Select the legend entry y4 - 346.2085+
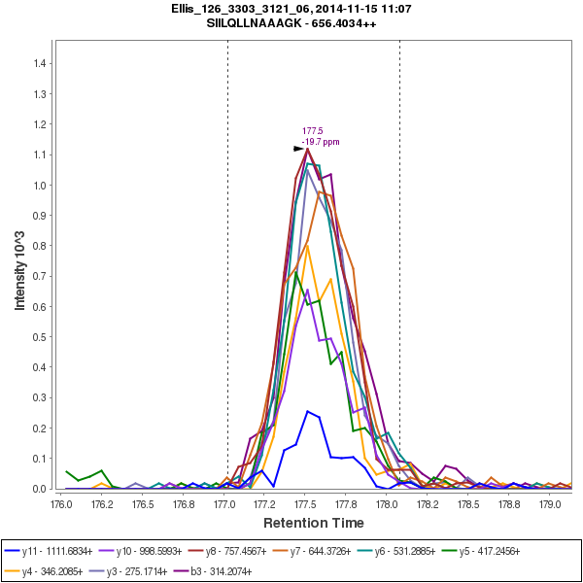pos(54,571)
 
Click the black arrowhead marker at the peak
pos(299,149)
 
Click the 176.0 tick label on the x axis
pos(61,503)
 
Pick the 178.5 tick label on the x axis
pos(468,503)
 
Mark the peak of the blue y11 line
pos(307,411)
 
